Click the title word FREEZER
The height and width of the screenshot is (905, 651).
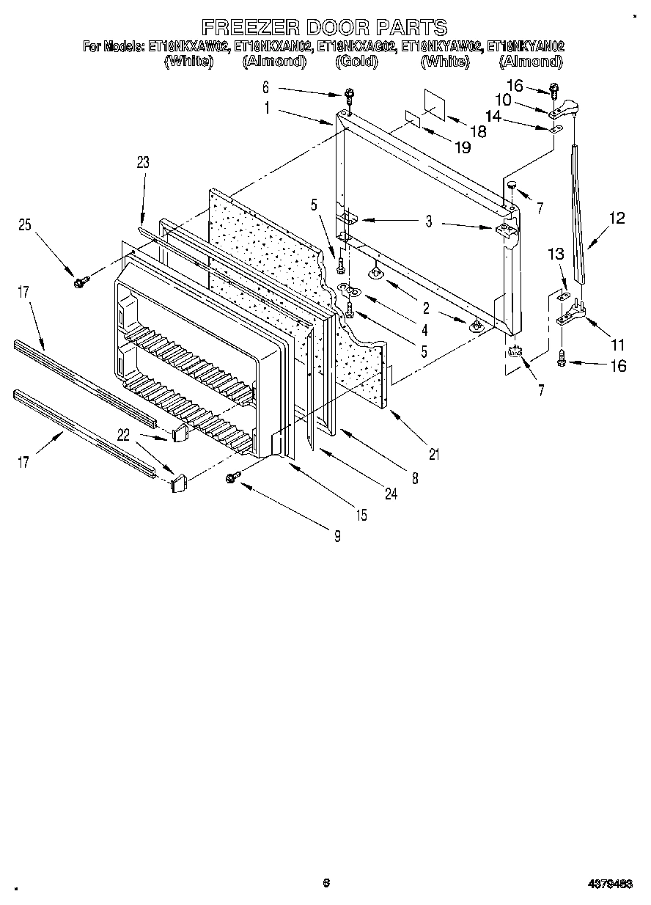[251, 28]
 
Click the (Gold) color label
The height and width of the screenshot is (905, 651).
[357, 62]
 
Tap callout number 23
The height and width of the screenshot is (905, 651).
[142, 163]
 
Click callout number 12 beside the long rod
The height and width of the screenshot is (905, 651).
[617, 218]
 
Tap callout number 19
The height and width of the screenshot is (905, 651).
[462, 147]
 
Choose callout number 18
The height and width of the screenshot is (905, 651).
[478, 132]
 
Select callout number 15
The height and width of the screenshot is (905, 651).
[361, 515]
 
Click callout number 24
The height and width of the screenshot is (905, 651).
[390, 494]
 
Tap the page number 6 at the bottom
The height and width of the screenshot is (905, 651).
[327, 883]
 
